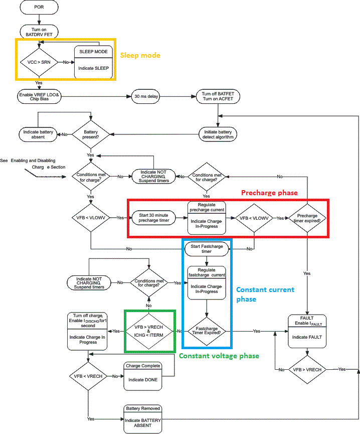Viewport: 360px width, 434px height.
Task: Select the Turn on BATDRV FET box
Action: pyautogui.click(x=39, y=31)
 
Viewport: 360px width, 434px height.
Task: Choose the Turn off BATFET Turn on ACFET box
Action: pyautogui.click(x=217, y=96)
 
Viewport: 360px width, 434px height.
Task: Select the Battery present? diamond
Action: pyautogui.click(x=91, y=134)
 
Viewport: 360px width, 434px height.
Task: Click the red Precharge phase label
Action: pyautogui.click(x=269, y=193)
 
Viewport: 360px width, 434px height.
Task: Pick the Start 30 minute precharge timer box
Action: pyautogui.click(x=154, y=218)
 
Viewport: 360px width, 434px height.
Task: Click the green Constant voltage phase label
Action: pyautogui.click(x=219, y=356)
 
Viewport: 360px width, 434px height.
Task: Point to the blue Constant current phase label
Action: pyautogui.click(x=265, y=294)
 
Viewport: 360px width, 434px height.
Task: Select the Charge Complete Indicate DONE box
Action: pyautogui.click(x=143, y=376)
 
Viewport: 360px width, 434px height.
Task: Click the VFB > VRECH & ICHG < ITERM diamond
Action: pyautogui.click(x=149, y=331)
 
